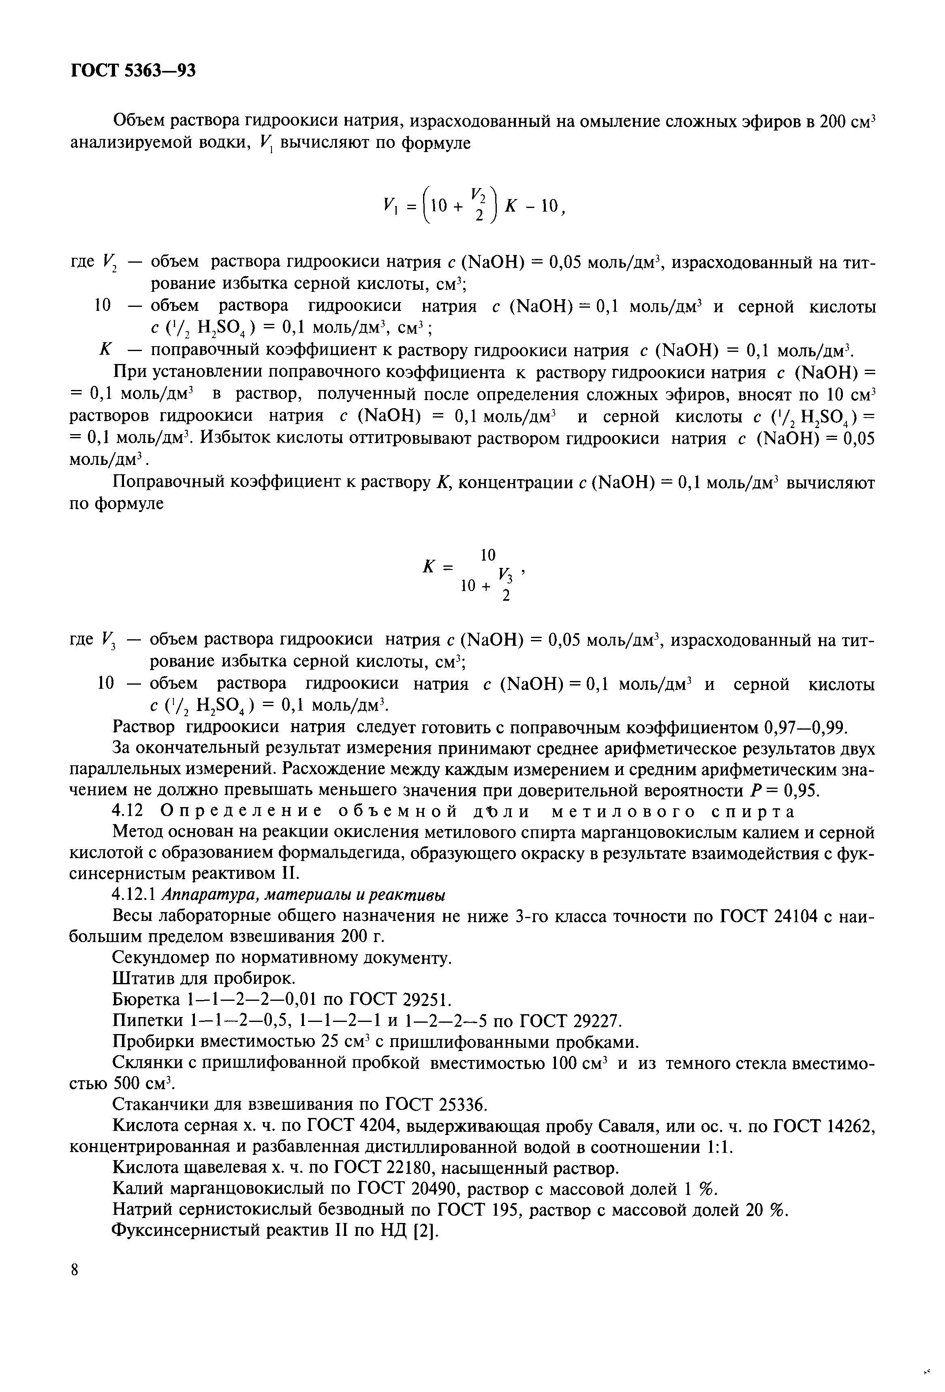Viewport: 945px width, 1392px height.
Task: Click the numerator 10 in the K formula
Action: pos(489,554)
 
